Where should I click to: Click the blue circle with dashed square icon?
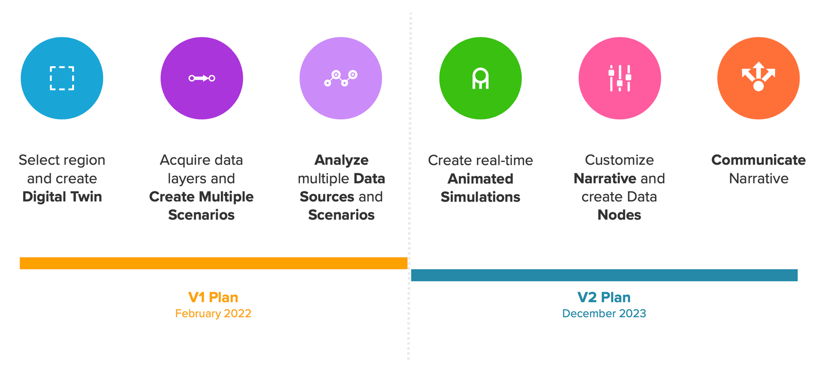[62, 78]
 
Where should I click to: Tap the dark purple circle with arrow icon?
[202, 78]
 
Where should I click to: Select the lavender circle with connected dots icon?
[341, 78]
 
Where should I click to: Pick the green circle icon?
[480, 78]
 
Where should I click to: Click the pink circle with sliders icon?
[619, 78]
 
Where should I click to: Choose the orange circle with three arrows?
[758, 78]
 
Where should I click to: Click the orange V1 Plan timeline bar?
[213, 263]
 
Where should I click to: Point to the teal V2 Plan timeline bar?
[604, 275]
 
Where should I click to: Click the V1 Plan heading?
[213, 297]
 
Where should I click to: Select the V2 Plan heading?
[604, 297]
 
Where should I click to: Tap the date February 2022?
[213, 313]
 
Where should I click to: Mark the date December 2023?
[604, 313]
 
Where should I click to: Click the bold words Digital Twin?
[62, 197]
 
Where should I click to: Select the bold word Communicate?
[758, 160]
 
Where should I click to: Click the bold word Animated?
[480, 179]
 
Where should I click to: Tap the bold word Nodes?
[619, 215]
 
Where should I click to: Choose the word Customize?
[619, 160]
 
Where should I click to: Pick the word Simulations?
[480, 197]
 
